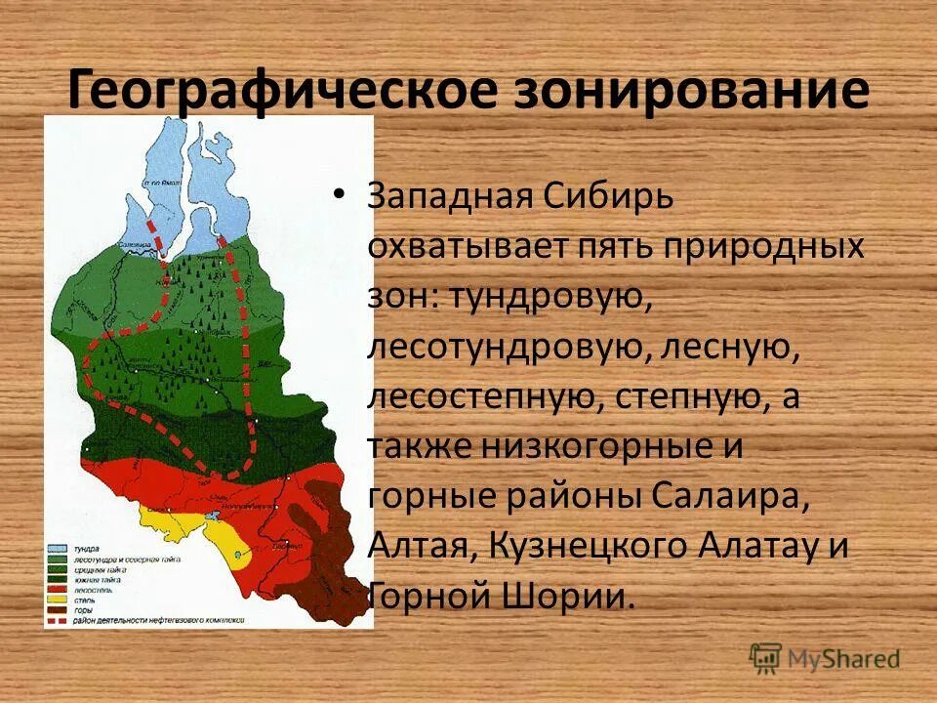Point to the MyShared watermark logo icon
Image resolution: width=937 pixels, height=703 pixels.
click(766, 657)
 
